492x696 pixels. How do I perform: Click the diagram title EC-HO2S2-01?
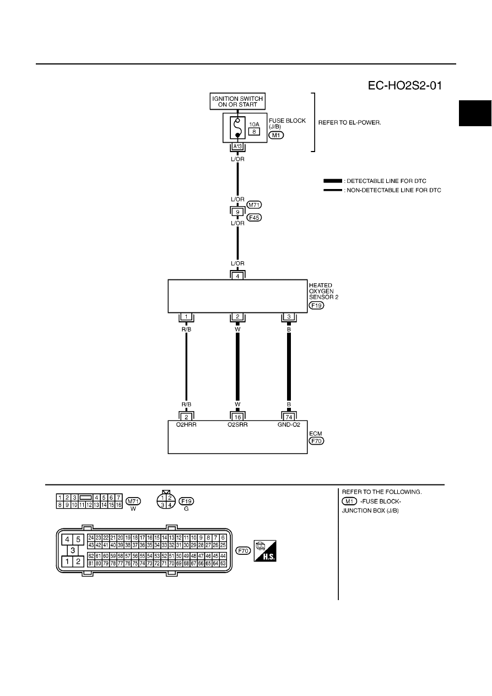pyautogui.click(x=404, y=85)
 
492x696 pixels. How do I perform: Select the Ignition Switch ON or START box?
pyautogui.click(x=237, y=101)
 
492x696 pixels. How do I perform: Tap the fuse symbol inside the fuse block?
pyautogui.click(x=237, y=128)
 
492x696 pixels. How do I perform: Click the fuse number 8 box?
pyautogui.click(x=254, y=132)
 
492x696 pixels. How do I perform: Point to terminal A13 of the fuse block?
pyautogui.click(x=237, y=147)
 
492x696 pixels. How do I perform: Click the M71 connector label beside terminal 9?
pyautogui.click(x=254, y=205)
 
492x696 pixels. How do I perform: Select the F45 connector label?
pyautogui.click(x=254, y=218)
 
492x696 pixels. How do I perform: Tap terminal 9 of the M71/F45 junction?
pyautogui.click(x=237, y=212)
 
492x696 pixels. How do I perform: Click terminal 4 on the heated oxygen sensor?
pyautogui.click(x=237, y=276)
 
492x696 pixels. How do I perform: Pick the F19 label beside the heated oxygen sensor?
pyautogui.click(x=316, y=305)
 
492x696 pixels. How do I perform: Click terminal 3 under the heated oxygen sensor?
pyautogui.click(x=289, y=317)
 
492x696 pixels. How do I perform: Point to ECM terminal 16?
pyautogui.click(x=237, y=417)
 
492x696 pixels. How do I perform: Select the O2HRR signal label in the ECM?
pyautogui.click(x=186, y=425)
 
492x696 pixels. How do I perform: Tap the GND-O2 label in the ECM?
pyautogui.click(x=289, y=425)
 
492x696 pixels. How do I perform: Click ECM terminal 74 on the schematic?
pyautogui.click(x=289, y=417)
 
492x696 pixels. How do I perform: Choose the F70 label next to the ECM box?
pyautogui.click(x=316, y=441)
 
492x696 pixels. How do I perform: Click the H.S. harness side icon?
pyautogui.click(x=265, y=551)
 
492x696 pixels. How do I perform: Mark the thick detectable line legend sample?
pyautogui.click(x=333, y=181)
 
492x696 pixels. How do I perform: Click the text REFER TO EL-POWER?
pyautogui.click(x=350, y=123)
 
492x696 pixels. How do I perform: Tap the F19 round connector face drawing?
pyautogui.click(x=166, y=499)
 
